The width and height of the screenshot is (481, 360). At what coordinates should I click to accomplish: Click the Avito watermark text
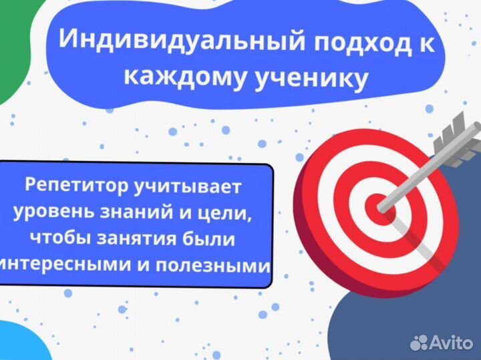451,343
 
